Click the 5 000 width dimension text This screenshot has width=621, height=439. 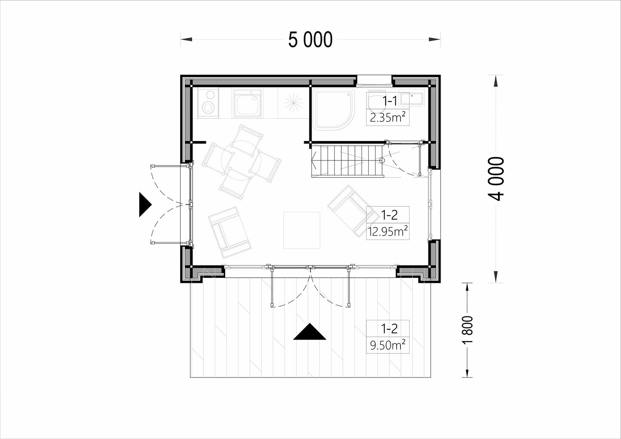310,40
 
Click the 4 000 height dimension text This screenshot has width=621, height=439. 496,178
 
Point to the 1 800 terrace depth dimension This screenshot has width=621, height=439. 468,330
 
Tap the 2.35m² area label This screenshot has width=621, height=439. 388,118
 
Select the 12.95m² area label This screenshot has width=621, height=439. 388,231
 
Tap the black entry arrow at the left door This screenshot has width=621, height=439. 145,205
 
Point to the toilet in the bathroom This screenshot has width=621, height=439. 376,101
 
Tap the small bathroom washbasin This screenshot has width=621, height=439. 411,98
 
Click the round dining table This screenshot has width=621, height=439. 241,160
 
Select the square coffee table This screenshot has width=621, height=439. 302,230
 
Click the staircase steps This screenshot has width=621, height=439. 347,160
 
